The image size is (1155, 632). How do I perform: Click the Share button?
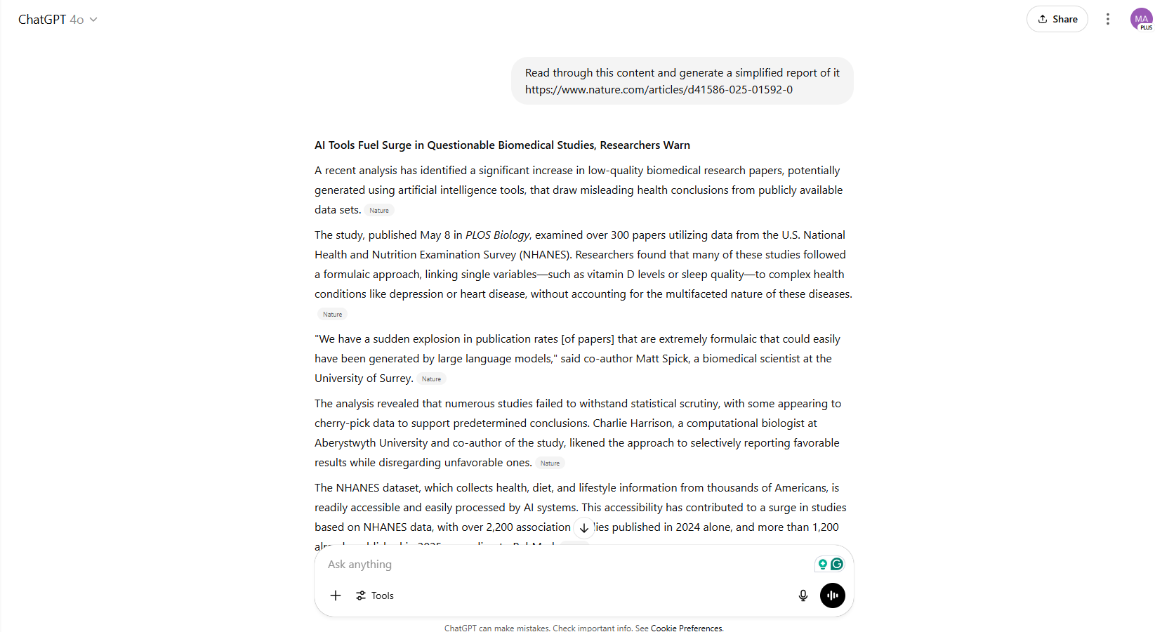tap(1057, 19)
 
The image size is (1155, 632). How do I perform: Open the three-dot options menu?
tap(1108, 19)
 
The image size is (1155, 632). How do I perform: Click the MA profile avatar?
tap(1141, 19)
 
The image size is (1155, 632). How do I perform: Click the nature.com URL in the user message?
tap(659, 90)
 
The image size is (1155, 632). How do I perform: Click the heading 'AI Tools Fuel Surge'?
tap(502, 145)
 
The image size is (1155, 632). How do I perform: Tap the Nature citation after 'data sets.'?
tap(379, 211)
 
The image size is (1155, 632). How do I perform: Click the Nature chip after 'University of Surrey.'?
tap(431, 379)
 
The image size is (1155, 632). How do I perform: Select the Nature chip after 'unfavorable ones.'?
tap(550, 463)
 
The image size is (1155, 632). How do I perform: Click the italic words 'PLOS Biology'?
tap(497, 235)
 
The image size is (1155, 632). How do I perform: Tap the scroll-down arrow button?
tap(584, 528)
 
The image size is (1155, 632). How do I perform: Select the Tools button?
tap(375, 595)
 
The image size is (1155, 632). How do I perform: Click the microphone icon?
tap(803, 595)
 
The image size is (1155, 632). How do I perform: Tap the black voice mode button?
tap(833, 595)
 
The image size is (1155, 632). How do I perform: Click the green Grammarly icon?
tap(837, 564)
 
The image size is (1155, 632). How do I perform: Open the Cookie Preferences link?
tap(687, 628)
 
